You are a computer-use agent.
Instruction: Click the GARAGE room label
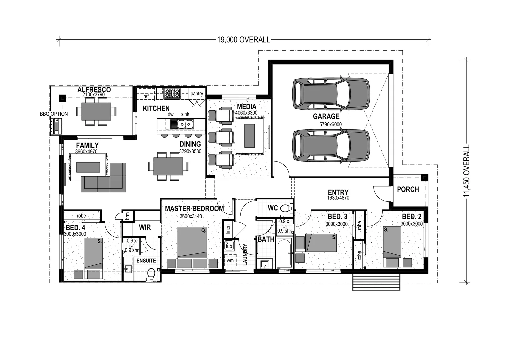[326, 116]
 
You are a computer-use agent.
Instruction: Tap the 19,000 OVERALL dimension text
[243, 40]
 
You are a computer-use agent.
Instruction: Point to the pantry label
[197, 94]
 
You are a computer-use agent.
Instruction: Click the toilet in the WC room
[285, 208]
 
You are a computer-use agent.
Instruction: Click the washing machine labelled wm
[230, 260]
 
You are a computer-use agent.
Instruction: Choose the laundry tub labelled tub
[229, 246]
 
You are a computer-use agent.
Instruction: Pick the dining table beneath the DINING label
[168, 166]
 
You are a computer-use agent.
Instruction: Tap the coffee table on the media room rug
[249, 136]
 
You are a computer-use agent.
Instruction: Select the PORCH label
[408, 189]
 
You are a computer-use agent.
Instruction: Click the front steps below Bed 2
[376, 282]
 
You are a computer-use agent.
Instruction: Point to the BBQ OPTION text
[54, 114]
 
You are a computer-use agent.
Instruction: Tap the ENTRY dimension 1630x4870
[338, 198]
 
